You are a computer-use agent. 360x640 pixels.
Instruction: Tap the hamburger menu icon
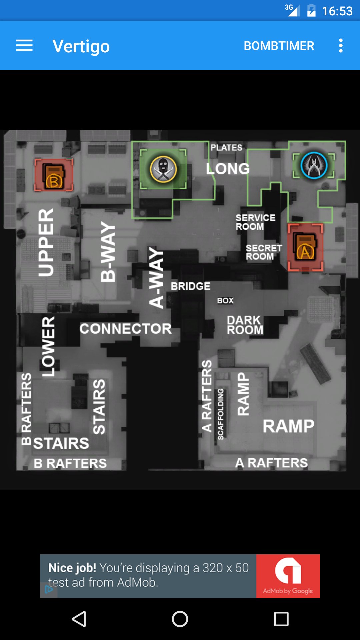pos(24,46)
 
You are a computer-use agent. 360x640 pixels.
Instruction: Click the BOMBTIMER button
pos(279,46)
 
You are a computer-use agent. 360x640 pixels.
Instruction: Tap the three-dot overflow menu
pos(341,46)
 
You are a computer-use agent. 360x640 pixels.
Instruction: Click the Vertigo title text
pos(81,46)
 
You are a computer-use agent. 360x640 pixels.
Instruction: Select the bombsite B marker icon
pos(54,175)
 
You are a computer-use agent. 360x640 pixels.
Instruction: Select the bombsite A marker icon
pos(305,247)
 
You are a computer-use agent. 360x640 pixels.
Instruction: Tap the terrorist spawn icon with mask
pos(163,169)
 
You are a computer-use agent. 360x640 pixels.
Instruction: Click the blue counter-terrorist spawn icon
pos(314,165)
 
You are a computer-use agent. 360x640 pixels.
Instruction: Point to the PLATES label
pos(226,148)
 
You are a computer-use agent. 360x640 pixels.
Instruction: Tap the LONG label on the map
pos(228,169)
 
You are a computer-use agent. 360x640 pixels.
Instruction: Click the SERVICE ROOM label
pos(255,222)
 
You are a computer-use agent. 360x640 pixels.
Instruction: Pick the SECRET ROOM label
pos(264,252)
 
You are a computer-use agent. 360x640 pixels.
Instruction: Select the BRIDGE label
pos(191,286)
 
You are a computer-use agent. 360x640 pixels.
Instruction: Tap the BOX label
pos(225,301)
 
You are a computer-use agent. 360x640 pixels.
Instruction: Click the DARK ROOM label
pos(245,325)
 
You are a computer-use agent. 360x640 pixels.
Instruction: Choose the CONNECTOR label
pos(126,329)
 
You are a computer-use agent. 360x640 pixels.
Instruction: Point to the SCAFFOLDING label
pos(220,414)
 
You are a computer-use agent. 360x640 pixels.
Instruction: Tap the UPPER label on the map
pos(46,243)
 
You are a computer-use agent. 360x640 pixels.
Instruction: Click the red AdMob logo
pos(288,576)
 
